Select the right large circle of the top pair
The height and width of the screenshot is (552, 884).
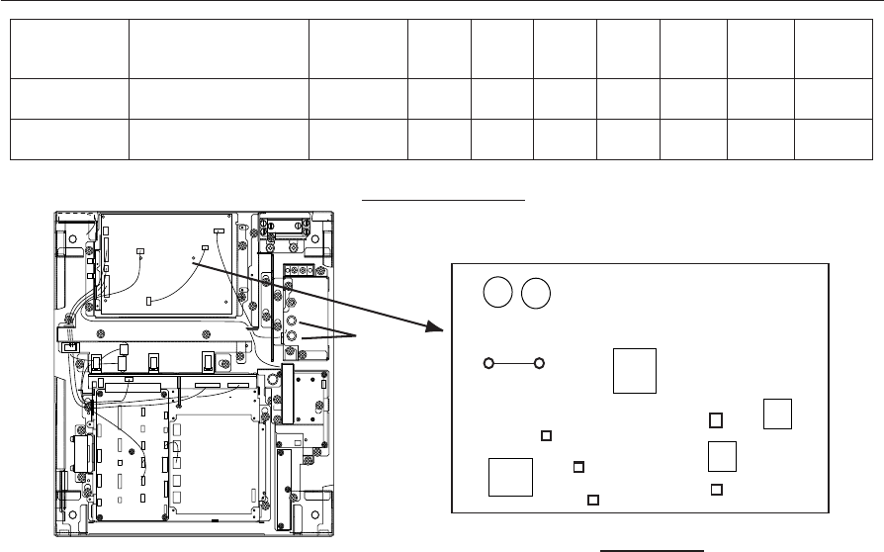(x=536, y=293)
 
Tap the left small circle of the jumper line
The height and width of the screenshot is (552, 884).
(x=489, y=363)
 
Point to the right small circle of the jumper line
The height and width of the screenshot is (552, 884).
(x=539, y=363)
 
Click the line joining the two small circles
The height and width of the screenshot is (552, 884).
(x=514, y=363)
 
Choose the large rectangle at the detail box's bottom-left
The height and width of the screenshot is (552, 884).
(x=510, y=478)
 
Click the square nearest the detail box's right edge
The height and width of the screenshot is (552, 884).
(x=778, y=414)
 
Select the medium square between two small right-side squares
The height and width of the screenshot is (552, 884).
(x=723, y=455)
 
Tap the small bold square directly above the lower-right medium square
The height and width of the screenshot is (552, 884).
(x=716, y=420)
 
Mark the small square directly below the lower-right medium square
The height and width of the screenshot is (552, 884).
(x=717, y=489)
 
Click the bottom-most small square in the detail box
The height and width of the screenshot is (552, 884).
(x=592, y=500)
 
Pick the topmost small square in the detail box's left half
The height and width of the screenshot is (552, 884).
(x=546, y=435)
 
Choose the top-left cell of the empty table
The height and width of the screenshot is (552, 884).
(x=70, y=46)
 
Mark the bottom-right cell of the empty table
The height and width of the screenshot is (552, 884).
(x=832, y=139)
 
